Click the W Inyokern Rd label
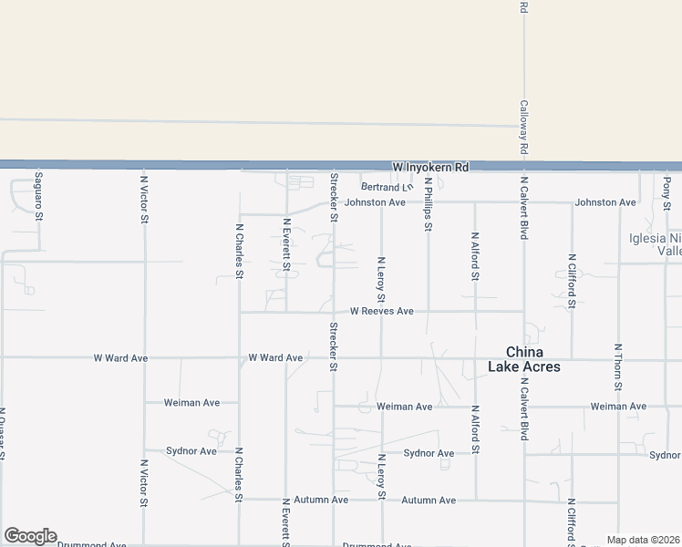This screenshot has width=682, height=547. pos(429,168)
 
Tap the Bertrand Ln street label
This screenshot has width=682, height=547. pos(394,187)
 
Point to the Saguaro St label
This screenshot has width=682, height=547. pos(39,195)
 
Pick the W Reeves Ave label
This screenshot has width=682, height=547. pos(381,312)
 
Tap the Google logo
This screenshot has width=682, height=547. pos(30,536)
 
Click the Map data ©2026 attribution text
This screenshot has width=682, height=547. pos(644,540)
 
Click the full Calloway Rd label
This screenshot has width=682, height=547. pos(524,127)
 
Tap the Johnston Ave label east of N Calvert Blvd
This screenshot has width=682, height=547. pos(605,202)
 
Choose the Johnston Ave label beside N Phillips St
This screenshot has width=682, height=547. pos(375,202)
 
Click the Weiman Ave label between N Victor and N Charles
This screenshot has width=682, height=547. pos(191,402)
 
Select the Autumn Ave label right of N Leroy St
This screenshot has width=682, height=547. pos(429,501)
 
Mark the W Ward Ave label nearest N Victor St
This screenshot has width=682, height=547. pos(120,358)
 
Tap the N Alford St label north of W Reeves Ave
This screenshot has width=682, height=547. pos(475,256)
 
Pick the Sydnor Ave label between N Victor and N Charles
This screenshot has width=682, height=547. pos(191,451)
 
